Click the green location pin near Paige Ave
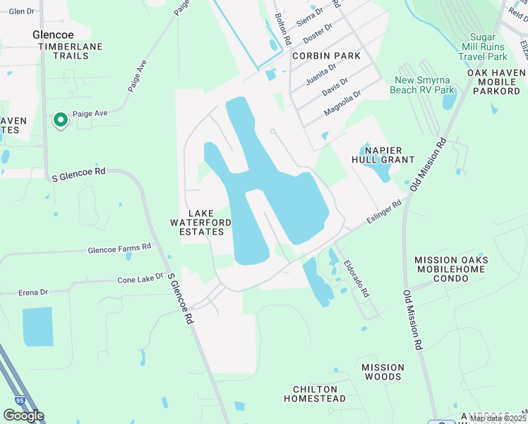(61, 120)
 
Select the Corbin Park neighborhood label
(326, 56)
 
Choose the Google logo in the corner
(23, 415)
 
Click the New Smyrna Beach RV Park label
(424, 85)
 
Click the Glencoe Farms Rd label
(119, 249)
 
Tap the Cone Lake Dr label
(140, 279)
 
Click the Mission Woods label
(383, 372)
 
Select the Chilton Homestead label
(315, 394)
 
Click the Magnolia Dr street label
(342, 103)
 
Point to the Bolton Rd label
(282, 29)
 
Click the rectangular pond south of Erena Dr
(37, 326)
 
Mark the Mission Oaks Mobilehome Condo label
(451, 269)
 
